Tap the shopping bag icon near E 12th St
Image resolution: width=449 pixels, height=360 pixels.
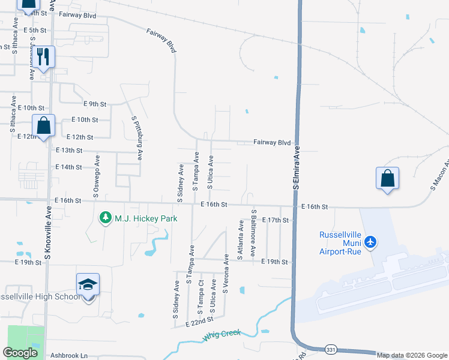tap(43, 125)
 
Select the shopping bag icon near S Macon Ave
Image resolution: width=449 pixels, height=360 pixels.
tap(388, 178)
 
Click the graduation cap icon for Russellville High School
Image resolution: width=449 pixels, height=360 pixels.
tap(88, 284)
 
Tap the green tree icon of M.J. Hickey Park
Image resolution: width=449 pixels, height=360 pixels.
tap(106, 217)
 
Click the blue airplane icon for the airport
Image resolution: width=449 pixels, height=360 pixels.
tap(371, 242)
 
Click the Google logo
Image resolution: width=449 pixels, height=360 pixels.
tap(20, 353)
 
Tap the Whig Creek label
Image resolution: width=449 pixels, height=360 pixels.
tap(221, 336)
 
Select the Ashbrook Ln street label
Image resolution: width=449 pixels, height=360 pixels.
tap(69, 355)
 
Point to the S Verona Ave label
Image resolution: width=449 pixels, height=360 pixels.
tap(226, 274)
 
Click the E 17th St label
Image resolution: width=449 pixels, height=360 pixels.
tap(276, 220)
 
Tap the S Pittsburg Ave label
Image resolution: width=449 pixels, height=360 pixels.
tap(136, 137)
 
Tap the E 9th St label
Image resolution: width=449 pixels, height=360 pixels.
tap(94, 104)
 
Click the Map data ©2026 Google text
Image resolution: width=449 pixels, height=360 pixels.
tap(412, 355)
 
